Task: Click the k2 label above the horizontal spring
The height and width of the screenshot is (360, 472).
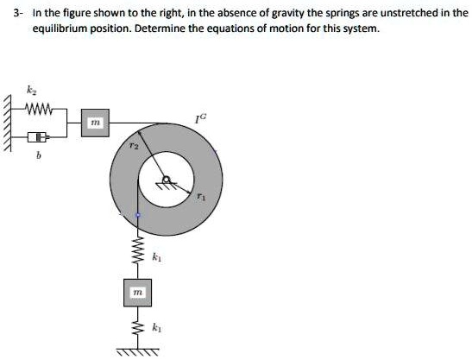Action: click(31, 92)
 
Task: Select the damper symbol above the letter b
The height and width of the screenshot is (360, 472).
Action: click(35, 137)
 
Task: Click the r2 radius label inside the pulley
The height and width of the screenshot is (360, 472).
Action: click(132, 148)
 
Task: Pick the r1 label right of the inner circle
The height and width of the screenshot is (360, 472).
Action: click(200, 197)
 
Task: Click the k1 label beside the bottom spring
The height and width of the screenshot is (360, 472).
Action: click(156, 328)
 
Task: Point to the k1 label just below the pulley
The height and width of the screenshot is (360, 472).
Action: click(156, 256)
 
